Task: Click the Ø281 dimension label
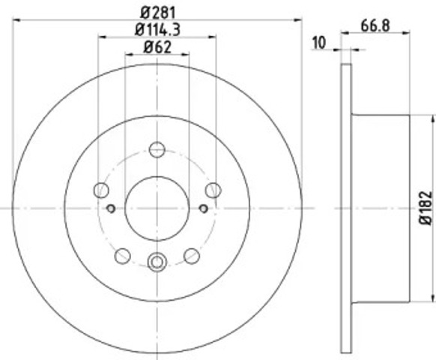158,13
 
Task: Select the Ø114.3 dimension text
157,29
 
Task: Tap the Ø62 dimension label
157,46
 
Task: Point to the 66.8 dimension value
375,25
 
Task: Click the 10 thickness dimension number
318,43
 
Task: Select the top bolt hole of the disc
157,149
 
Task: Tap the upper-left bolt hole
101,190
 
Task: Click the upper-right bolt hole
214,190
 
